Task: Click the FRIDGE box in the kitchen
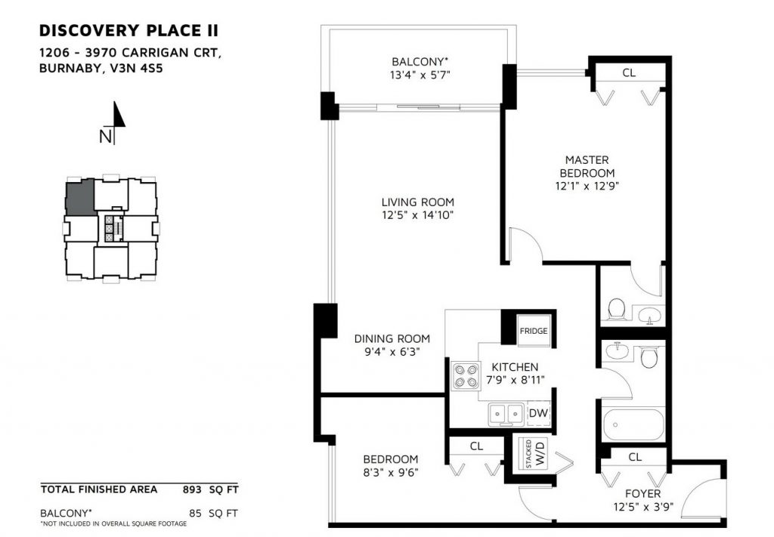[x=534, y=330]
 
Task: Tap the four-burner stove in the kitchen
[x=466, y=375]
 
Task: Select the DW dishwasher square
[x=538, y=413]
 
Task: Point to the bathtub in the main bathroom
[x=633, y=424]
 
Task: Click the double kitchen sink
[x=506, y=413]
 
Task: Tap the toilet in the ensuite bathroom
[x=616, y=309]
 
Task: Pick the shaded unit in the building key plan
[x=79, y=198]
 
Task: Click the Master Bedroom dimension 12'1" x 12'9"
[x=587, y=187]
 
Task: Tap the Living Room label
[x=417, y=202]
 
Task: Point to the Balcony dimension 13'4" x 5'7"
[x=420, y=76]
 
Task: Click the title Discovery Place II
[x=128, y=30]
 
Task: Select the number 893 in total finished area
[x=192, y=489]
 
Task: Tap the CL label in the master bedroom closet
[x=629, y=73]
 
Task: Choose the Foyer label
[x=642, y=494]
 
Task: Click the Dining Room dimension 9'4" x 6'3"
[x=392, y=352]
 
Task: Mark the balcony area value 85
[x=196, y=514]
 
